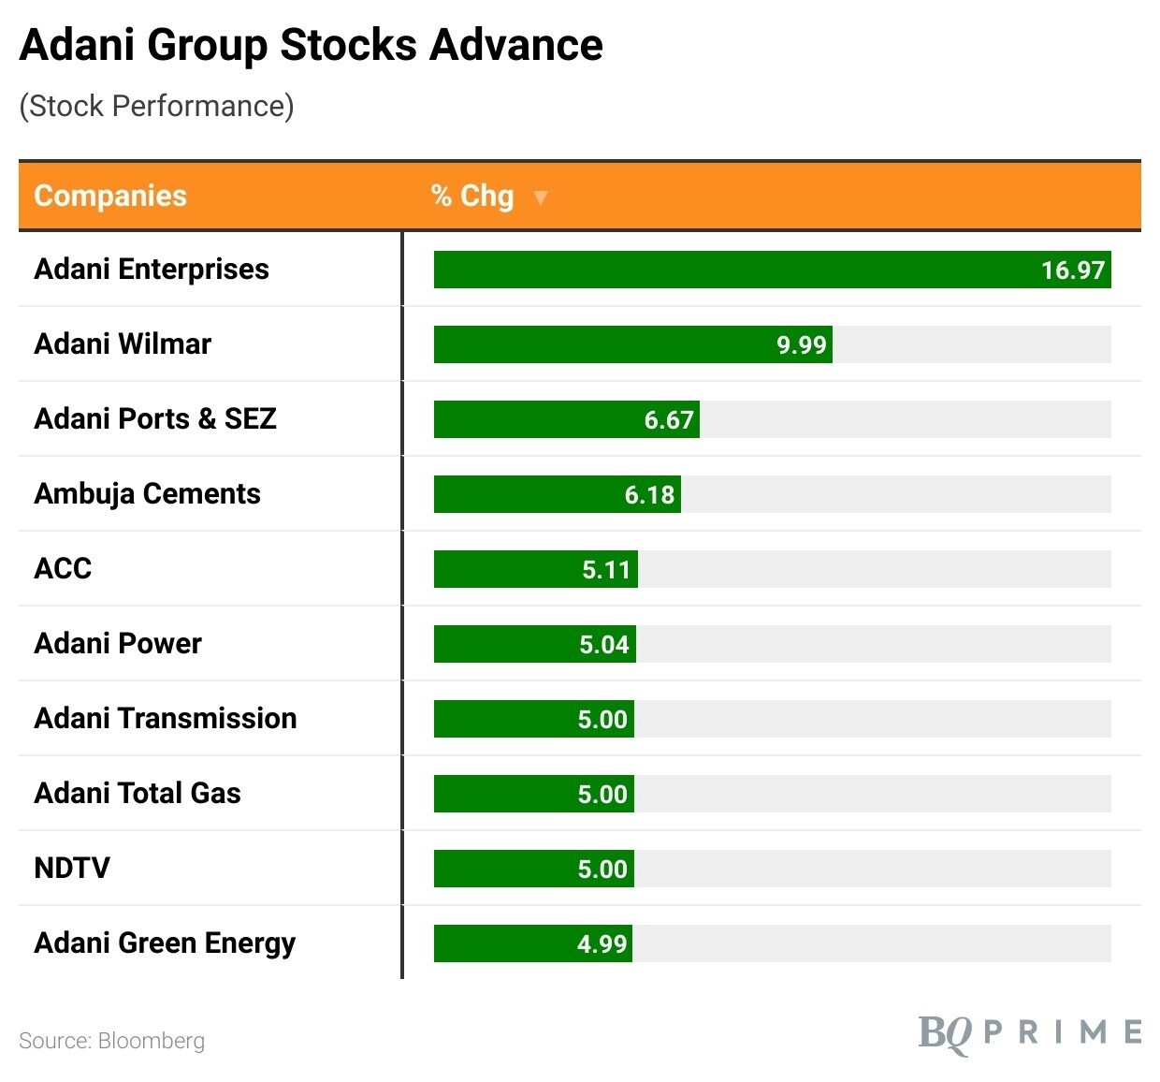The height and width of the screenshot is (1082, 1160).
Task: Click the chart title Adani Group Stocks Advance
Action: coord(311,45)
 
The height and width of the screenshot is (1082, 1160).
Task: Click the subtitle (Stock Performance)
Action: coord(156,106)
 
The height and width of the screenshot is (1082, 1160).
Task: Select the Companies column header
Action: coord(110,196)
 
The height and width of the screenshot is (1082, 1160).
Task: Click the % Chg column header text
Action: coord(472,196)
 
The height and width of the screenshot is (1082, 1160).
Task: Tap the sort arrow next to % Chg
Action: coord(540,197)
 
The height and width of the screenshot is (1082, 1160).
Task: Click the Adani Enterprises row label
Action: coord(152,270)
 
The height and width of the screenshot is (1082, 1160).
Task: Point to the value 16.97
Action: coord(1073,270)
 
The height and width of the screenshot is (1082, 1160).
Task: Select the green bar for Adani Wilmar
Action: coord(599,344)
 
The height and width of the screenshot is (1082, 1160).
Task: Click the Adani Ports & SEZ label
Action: coord(155,419)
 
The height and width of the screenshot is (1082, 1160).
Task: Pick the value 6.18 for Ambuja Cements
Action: coord(649,495)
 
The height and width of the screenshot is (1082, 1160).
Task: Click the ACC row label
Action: coord(63,569)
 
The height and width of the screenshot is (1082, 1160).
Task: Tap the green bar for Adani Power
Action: coord(505,644)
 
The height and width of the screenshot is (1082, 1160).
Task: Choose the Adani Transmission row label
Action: coord(166,719)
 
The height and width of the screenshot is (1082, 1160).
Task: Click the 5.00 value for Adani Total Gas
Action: coord(602,795)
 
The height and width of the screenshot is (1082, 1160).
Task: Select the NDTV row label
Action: coord(72,869)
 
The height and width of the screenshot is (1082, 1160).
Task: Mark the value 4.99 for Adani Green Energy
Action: coord(602,944)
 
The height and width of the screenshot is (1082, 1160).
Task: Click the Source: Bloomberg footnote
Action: coord(111,1041)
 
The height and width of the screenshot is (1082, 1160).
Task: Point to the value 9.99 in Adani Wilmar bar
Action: coord(802,345)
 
